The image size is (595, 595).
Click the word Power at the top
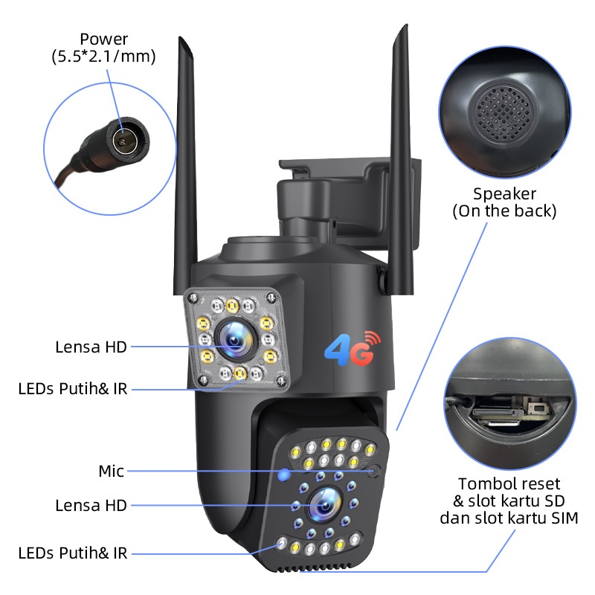coord(104,39)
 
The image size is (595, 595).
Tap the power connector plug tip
coord(120,139)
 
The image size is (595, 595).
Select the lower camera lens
coord(324,505)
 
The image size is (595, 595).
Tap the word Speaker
coord(504,194)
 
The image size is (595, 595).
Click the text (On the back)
coord(504,211)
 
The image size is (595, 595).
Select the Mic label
coord(111,471)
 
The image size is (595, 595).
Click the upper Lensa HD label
coord(91,347)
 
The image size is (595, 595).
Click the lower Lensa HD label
coord(91,506)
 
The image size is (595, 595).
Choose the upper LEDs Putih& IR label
coord(73,388)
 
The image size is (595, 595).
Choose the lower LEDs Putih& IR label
coord(73,553)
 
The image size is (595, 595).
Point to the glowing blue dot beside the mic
coord(283,474)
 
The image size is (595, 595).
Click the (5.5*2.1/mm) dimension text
coord(104,57)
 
